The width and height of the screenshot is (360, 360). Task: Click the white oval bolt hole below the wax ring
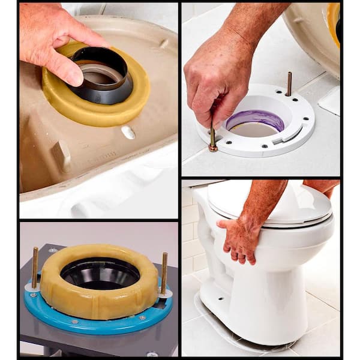[x=127, y=132]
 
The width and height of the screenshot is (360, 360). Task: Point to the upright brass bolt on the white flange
[x=289, y=84]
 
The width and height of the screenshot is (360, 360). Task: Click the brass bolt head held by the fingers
[x=213, y=146]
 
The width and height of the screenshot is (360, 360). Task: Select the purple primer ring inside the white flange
[x=255, y=119]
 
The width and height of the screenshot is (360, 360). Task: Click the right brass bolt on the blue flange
[x=164, y=271]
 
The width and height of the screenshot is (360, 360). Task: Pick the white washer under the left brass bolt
[x=32, y=287]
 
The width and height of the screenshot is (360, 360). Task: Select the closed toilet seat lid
[x=273, y=201]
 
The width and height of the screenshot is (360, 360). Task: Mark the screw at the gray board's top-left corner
[x=53, y=250]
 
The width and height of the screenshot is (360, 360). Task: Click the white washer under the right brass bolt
[x=165, y=293]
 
